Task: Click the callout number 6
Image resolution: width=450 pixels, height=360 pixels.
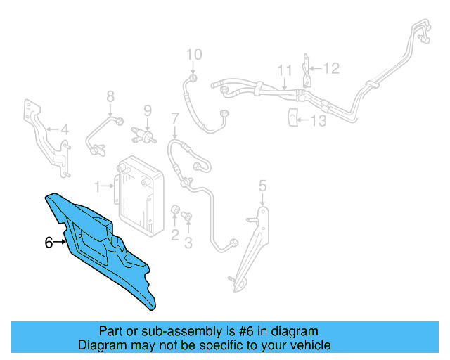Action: pos(49,243)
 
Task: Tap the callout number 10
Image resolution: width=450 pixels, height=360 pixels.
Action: pos(193,54)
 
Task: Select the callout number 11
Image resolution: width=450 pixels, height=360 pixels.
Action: pos(284,70)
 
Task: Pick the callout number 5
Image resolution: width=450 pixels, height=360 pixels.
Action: pos(262,186)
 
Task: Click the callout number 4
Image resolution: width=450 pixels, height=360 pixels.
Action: pos(64,129)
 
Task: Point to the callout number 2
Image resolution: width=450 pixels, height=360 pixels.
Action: pos(175,236)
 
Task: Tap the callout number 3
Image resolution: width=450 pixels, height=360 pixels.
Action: pos(188,243)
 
